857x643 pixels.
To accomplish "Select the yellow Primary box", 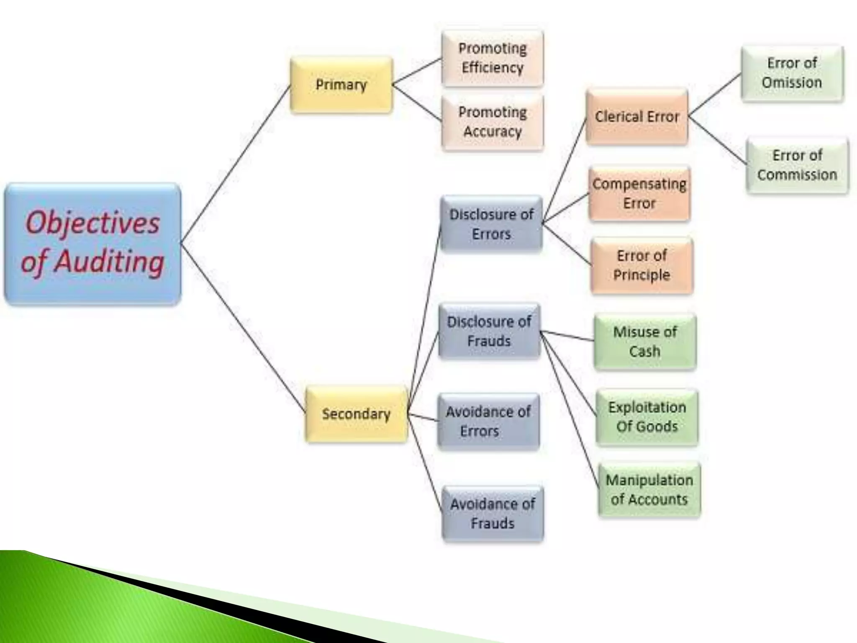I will coord(341,85).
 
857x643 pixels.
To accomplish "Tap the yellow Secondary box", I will coord(356,414).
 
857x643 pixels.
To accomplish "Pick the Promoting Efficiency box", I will coord(493,59).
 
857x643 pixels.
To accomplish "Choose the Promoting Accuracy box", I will coord(493,122).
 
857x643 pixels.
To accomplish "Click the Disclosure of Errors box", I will coord(491,224).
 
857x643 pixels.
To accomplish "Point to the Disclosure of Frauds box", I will coord(489,331).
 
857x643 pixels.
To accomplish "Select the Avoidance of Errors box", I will coord(488,422).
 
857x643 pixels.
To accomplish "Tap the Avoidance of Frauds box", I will coord(493,514).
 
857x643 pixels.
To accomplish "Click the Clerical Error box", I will coord(637,117).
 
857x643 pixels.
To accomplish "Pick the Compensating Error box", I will coord(639,194).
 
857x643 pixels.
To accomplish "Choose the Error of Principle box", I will coord(641,265).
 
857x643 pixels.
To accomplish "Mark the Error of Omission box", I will coord(792,73).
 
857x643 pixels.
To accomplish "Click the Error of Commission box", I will coord(797,165).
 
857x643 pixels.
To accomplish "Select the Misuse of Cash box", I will coord(645,342).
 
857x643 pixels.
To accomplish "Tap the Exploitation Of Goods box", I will coord(647,417).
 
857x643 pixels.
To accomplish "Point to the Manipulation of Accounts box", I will coord(649,490).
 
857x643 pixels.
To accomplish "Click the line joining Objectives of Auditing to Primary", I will coord(236,163).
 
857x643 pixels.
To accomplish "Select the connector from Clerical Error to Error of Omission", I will coord(715,95).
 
